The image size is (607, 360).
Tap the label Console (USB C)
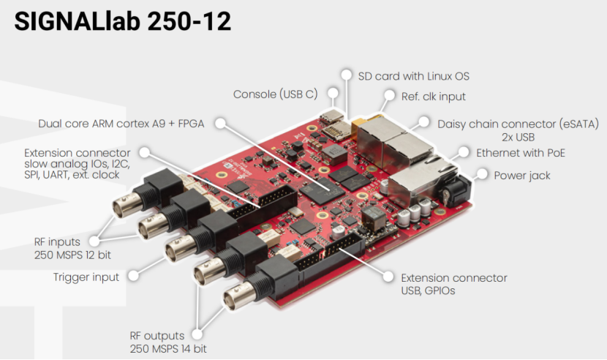click(x=275, y=94)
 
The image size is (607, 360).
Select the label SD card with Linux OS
click(x=413, y=75)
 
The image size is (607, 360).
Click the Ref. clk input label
click(x=434, y=97)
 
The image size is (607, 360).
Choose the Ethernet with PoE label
click(x=521, y=153)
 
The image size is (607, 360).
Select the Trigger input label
click(x=86, y=277)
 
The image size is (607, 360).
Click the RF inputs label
click(x=57, y=241)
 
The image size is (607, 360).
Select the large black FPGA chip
click(x=324, y=190)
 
